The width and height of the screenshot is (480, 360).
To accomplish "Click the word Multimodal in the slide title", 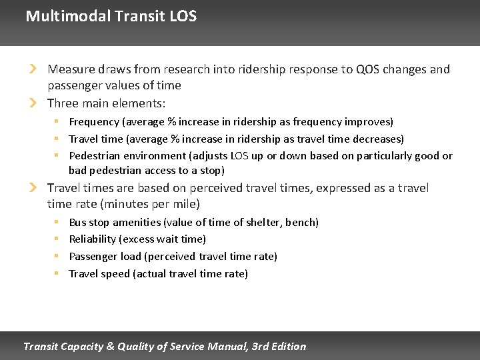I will pos(66,16).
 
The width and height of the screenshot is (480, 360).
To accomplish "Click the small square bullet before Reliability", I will pos(57,239).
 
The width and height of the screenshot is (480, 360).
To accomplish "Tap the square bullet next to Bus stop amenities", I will pos(57,222).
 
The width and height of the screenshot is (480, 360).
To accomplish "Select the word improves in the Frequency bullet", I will pos(368,122).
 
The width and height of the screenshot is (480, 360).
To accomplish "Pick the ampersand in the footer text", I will pos(109,346).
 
